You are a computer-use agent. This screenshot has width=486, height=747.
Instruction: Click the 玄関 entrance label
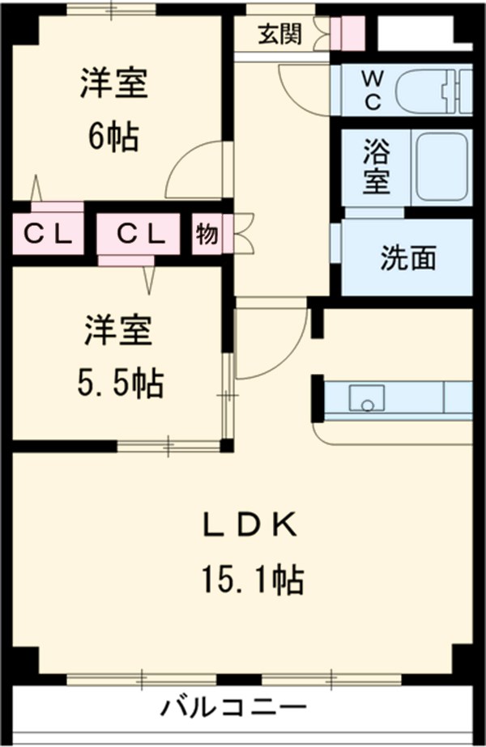(x=279, y=34)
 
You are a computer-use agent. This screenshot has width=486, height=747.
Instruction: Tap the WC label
(x=371, y=89)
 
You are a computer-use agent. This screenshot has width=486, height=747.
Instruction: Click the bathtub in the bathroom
(x=441, y=168)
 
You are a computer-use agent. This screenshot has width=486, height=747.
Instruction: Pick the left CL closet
(x=48, y=234)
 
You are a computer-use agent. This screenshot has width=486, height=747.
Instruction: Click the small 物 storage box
(x=207, y=234)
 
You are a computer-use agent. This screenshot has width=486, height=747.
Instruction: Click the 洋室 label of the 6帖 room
(x=113, y=85)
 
